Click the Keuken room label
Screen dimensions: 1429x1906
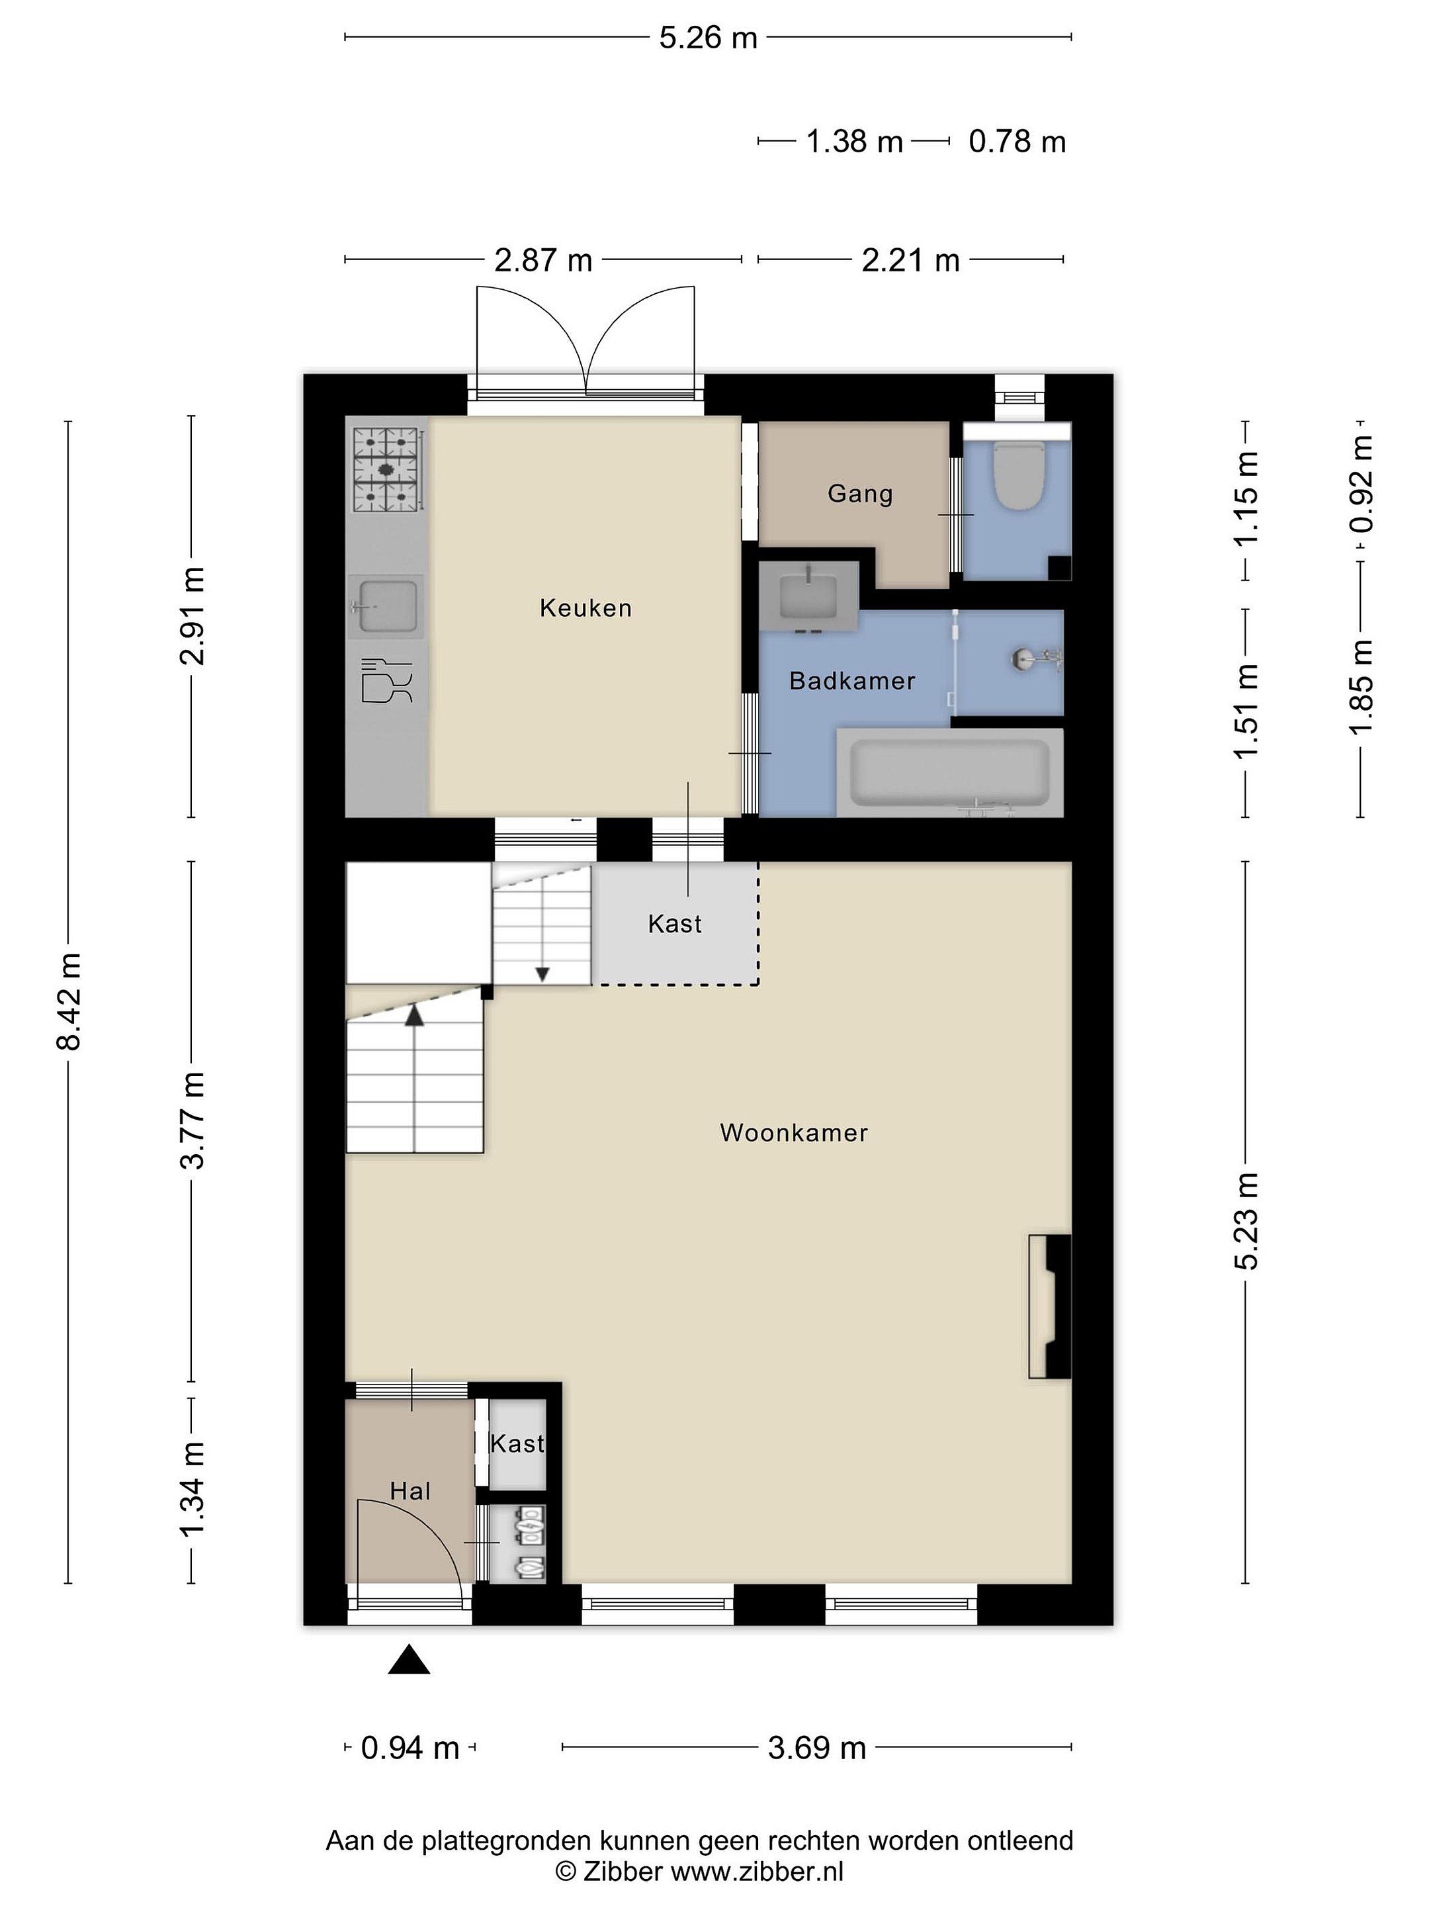point(585,608)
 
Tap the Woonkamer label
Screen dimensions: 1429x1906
point(793,1132)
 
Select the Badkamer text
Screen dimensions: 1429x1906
point(852,681)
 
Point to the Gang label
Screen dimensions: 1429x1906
point(859,494)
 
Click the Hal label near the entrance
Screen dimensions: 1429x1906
point(410,1490)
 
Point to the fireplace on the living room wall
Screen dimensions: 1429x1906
point(1050,1306)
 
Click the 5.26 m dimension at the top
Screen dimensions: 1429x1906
point(708,38)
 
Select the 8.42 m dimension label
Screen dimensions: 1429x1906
point(69,1002)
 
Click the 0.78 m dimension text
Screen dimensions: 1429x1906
point(1018,142)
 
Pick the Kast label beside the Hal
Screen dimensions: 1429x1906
point(517,1443)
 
